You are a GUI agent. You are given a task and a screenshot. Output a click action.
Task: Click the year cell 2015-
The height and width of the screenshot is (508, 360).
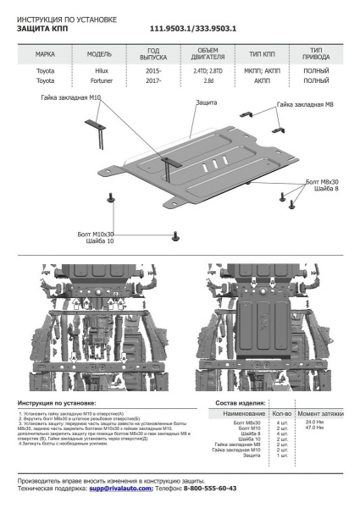[153, 70]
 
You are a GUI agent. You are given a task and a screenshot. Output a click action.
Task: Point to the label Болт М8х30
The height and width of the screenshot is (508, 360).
[323, 183]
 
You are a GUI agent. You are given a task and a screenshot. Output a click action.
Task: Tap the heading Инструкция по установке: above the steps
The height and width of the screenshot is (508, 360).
[57, 404]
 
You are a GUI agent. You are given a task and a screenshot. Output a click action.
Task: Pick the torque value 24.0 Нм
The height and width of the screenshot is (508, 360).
[314, 422]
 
